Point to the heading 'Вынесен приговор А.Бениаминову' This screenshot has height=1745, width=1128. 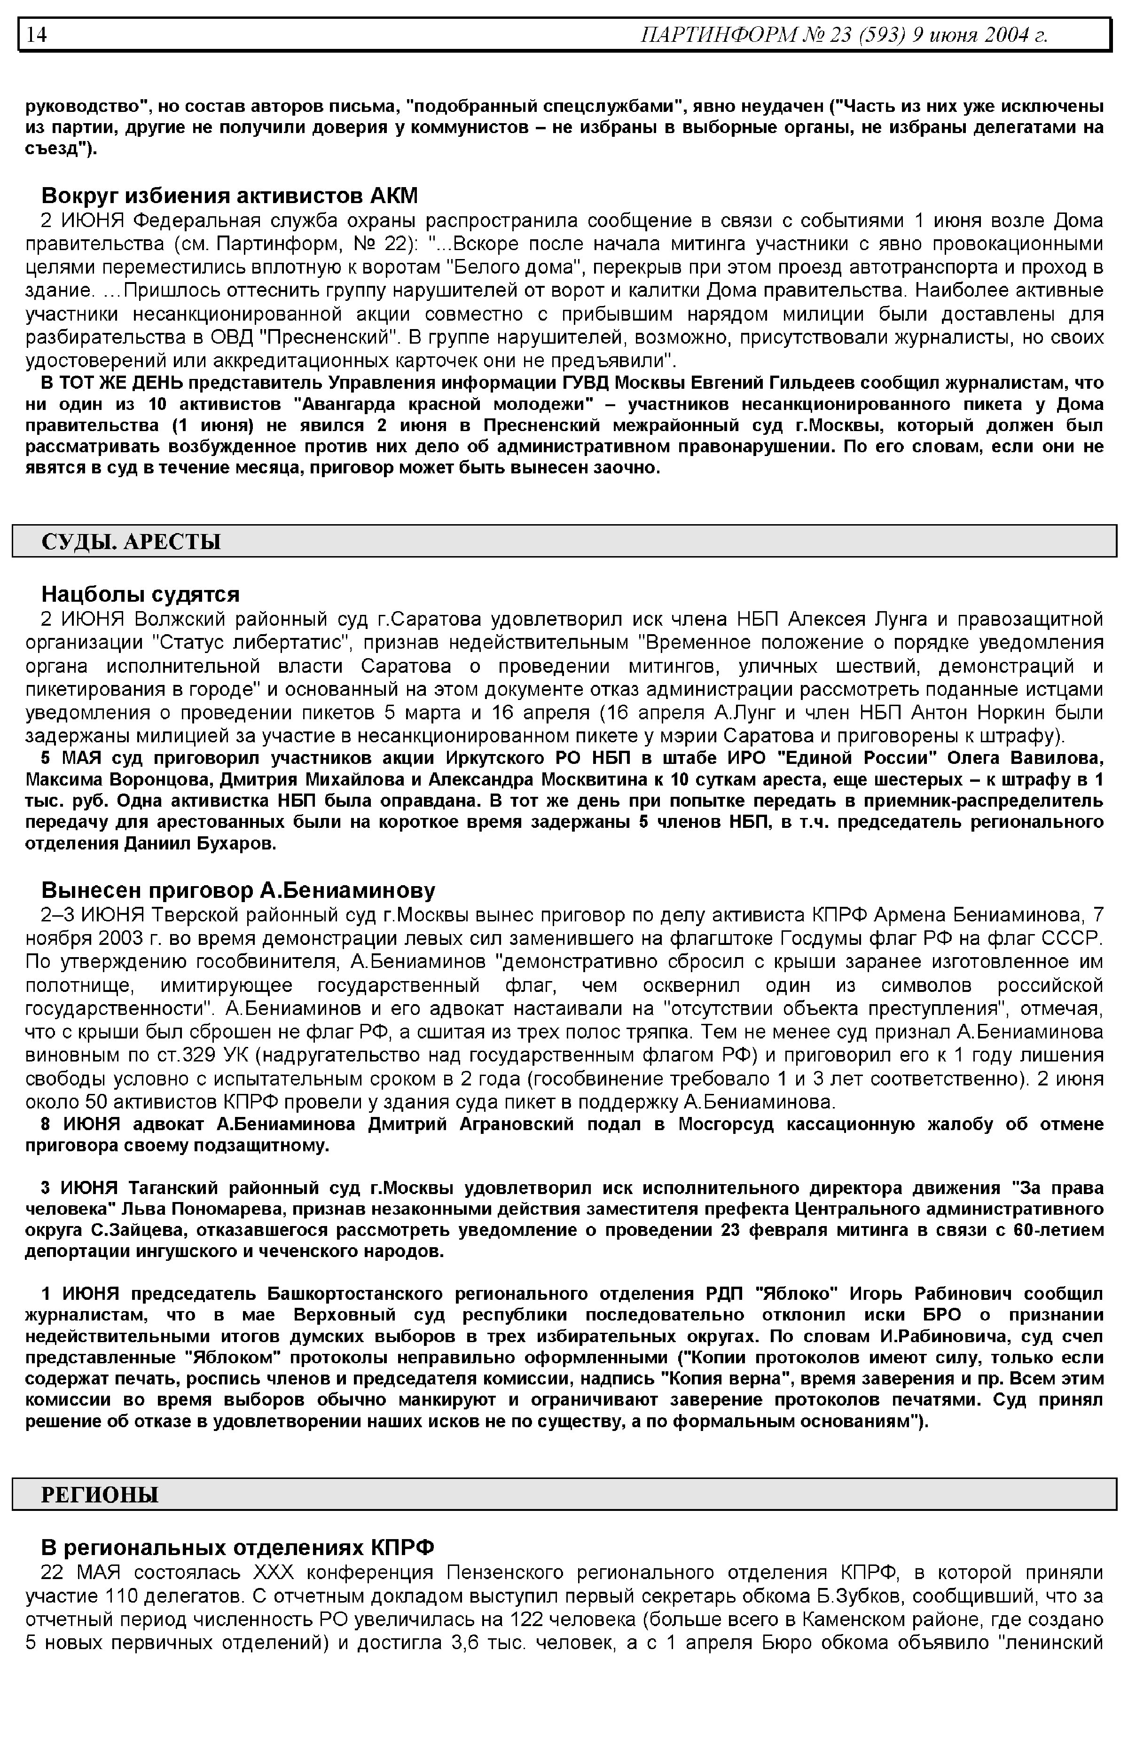[238, 890]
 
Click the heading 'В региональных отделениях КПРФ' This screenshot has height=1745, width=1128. [237, 1547]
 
